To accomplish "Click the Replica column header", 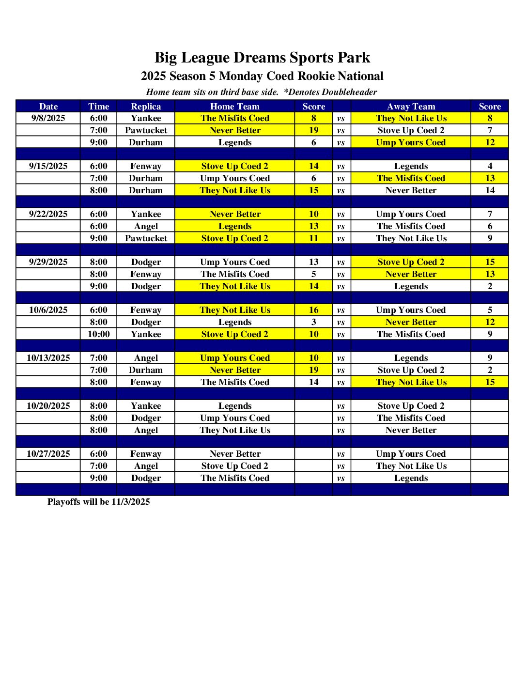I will pos(146,107).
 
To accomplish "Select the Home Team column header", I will pos(235,107).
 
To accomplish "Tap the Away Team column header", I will pos(411,107).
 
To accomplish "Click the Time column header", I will pos(98,107).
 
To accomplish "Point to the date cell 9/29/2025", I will pos(48,262).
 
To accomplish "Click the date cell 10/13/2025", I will pos(48,358).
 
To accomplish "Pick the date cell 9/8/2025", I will pos(48,118).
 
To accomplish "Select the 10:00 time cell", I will pos(98,334).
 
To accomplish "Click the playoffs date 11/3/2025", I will pos(130,502).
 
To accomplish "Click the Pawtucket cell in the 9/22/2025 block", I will pos(146,238).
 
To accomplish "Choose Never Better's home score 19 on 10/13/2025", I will pos(313,370).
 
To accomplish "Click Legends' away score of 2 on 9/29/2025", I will pos(490,286).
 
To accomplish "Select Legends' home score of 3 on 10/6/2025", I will pos(313,322).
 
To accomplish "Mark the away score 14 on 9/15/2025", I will pos(490,190).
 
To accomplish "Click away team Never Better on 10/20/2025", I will pos(411,430).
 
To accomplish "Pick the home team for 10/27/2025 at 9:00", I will pos(235,478).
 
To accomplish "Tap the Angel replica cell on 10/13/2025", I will pos(146,358).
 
